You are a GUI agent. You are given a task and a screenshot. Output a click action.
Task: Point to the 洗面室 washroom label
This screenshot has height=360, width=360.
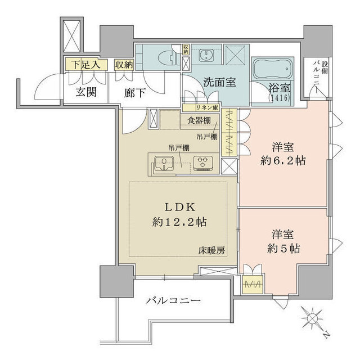pos(219,83)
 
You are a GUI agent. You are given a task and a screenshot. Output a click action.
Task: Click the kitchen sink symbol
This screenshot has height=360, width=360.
pos(164,164)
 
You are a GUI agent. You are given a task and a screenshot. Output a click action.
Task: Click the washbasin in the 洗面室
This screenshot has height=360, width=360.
pos(206,56)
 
